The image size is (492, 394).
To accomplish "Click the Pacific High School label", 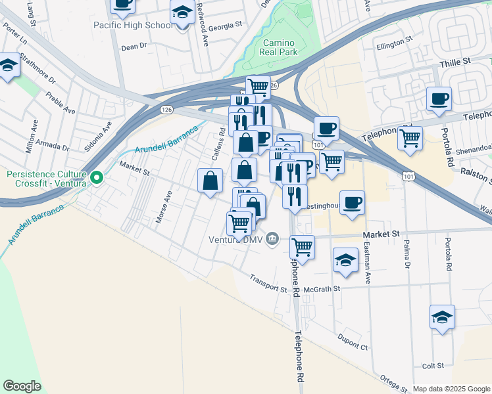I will pos(134,26).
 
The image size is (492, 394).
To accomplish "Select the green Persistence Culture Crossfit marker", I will pos(97,177).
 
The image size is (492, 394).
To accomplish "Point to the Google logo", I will pos(21,386).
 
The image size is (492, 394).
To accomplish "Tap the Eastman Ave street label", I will pos(368,269).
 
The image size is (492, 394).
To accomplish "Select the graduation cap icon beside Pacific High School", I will pos(182,12).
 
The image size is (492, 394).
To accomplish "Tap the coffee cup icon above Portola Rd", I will pos(439,99).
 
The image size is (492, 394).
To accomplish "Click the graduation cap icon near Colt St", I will pos(443,317).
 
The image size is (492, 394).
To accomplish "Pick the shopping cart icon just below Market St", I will pos(302,248).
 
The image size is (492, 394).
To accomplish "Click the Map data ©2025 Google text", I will pos(451,389).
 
